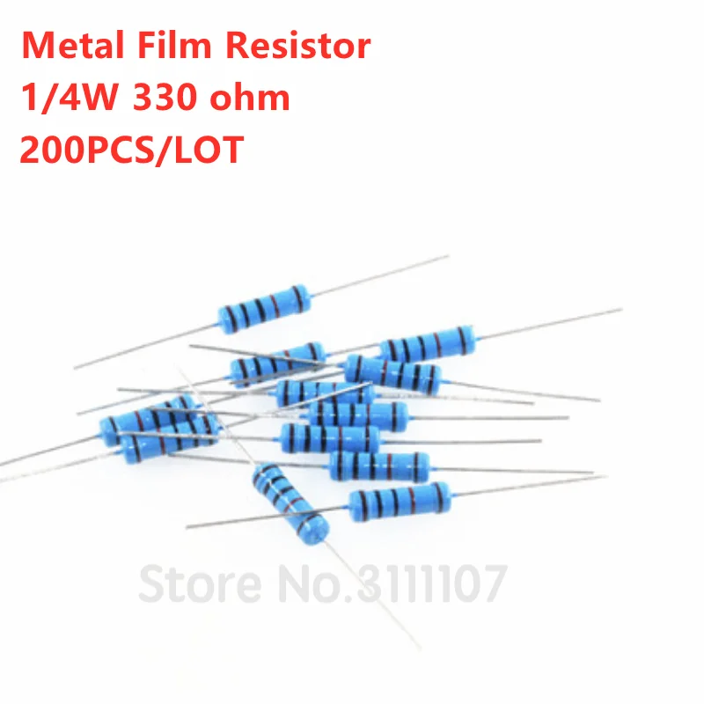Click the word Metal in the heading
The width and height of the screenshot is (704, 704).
pos(72,46)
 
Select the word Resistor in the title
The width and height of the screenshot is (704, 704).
pos(297,46)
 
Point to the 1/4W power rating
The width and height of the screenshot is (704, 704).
pos(69,98)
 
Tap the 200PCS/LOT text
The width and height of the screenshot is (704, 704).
pos(132,150)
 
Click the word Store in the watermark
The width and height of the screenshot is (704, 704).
pos(201,584)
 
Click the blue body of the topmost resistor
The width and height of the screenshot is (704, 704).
pos(264,309)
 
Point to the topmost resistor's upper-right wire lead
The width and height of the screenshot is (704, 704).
pos(379,275)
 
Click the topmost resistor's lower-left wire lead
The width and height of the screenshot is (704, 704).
pos(146,346)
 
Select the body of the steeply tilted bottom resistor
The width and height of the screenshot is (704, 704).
pos(290,502)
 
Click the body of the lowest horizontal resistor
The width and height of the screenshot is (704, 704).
pos(400,502)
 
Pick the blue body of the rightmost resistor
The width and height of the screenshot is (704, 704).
pos(428,345)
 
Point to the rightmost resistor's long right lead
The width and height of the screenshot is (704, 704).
pos(549,323)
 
